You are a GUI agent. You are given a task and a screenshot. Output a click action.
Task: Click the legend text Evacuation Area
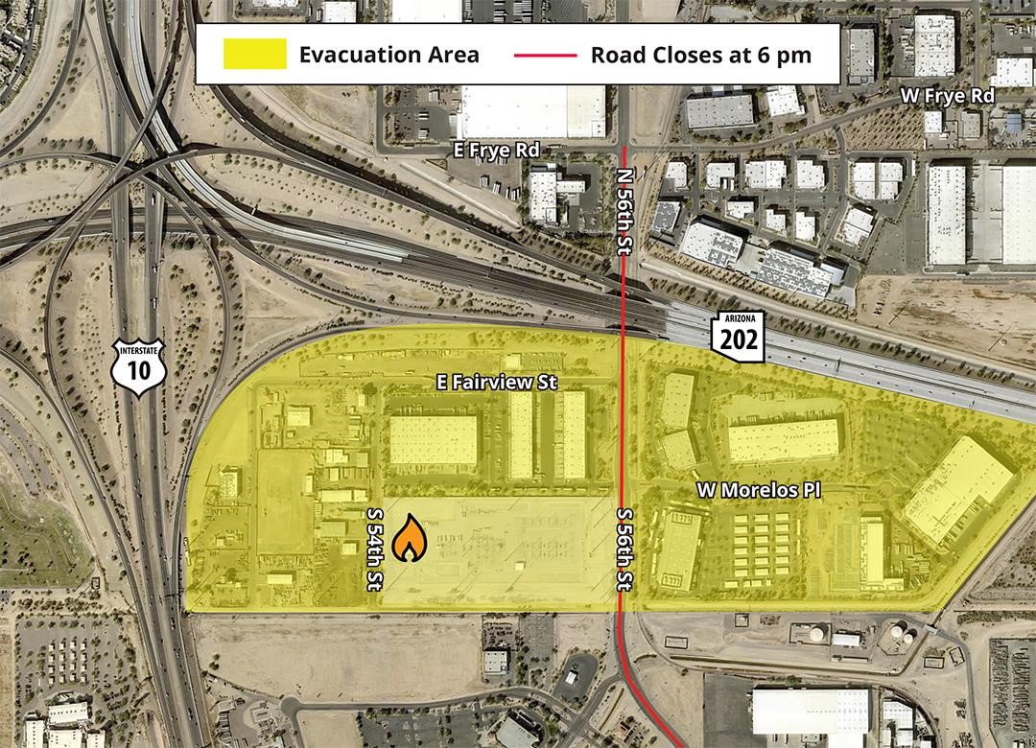coord(388,54)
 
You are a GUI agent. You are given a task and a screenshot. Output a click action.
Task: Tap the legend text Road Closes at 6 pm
coord(701,54)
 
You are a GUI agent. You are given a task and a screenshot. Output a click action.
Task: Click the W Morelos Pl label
coord(760,490)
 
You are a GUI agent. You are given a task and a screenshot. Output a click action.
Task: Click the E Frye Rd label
coord(497,151)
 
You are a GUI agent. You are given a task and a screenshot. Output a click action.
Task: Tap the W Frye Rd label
coord(947,96)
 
